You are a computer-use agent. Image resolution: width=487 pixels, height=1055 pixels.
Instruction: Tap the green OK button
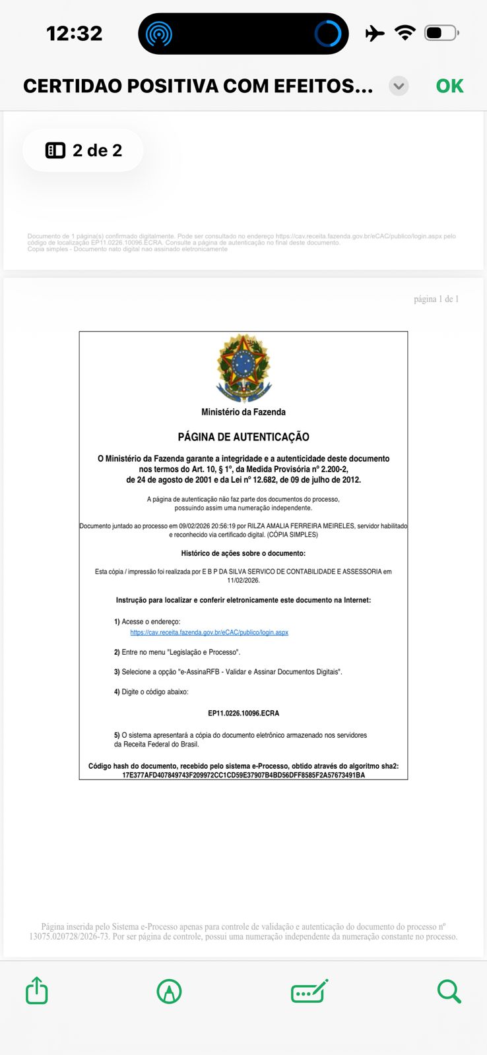[x=449, y=86]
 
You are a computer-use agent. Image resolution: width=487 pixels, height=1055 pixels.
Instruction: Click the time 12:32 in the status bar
[x=74, y=33]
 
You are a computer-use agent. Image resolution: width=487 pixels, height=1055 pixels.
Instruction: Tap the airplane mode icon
[x=374, y=33]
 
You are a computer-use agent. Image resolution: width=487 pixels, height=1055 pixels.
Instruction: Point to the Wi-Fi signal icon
[x=405, y=32]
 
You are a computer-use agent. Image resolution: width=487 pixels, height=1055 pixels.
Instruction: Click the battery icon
[x=441, y=32]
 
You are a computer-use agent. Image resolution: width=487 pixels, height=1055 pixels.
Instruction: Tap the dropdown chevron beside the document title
[x=399, y=86]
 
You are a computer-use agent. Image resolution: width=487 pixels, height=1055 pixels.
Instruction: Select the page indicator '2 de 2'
[x=84, y=150]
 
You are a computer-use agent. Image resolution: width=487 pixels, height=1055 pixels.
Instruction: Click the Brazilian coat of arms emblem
[x=243, y=367]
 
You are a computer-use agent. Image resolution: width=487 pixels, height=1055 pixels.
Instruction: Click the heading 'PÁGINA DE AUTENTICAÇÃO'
[x=243, y=437]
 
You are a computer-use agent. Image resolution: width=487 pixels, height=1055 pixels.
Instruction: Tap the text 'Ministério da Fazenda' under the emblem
[x=243, y=412]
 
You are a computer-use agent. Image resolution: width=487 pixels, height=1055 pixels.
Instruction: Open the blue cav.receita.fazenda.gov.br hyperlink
[x=209, y=632]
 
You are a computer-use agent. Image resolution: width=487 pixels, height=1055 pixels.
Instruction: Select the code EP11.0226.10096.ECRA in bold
[x=243, y=713]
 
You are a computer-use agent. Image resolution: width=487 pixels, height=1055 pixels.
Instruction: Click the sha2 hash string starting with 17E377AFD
[x=243, y=775]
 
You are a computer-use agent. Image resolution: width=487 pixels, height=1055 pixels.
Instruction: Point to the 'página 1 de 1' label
[x=436, y=299]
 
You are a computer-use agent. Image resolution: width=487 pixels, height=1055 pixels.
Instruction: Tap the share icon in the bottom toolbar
[x=37, y=990]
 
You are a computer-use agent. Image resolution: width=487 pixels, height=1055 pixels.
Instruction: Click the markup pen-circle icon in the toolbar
[x=169, y=991]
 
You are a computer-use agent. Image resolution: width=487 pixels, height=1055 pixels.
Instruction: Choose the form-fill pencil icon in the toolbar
[x=309, y=991]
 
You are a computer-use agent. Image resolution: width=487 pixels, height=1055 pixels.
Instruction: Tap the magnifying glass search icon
[x=449, y=991]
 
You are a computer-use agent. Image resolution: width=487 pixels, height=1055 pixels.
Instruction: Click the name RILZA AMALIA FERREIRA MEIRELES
[x=301, y=526]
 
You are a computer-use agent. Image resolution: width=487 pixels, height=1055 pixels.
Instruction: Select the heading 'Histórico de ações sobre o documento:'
[x=243, y=553]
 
